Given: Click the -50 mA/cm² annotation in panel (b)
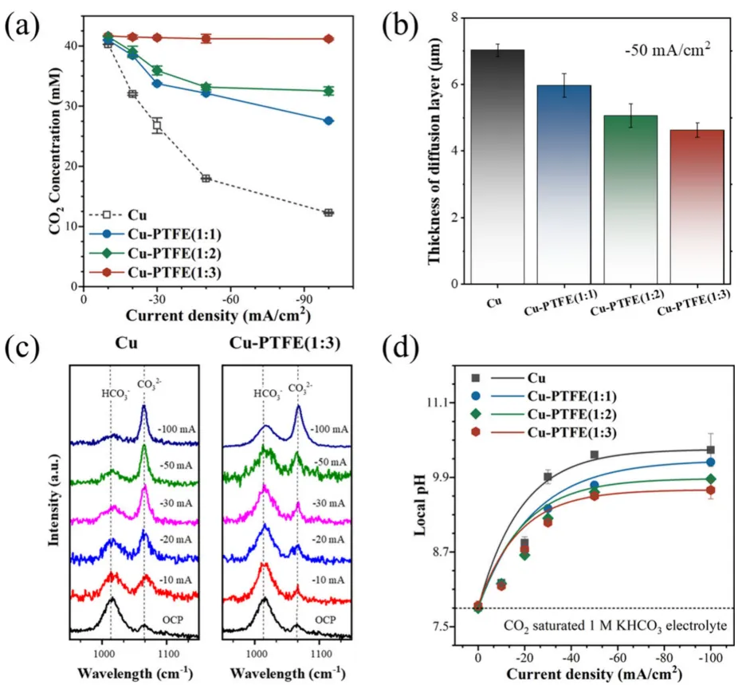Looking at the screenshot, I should [666, 53].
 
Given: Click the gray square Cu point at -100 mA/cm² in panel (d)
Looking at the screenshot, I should [711, 450].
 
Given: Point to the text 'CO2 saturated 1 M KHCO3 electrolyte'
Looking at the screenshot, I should [614, 626].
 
